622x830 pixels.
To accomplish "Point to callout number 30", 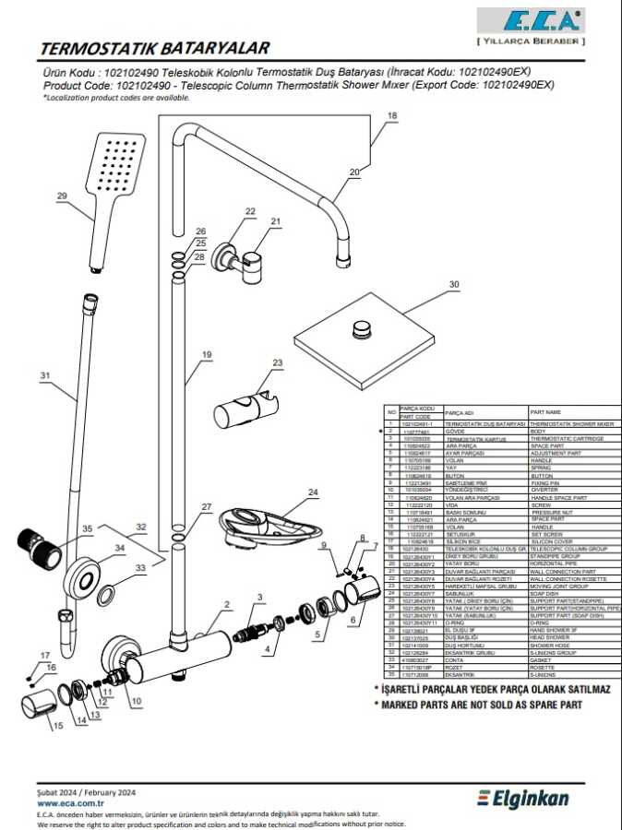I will click(452, 285).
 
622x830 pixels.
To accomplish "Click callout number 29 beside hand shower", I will click(63, 196).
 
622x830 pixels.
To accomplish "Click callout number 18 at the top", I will click(392, 115).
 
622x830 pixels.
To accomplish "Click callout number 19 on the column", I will click(207, 355).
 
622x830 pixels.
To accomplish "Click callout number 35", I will click(88, 528).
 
